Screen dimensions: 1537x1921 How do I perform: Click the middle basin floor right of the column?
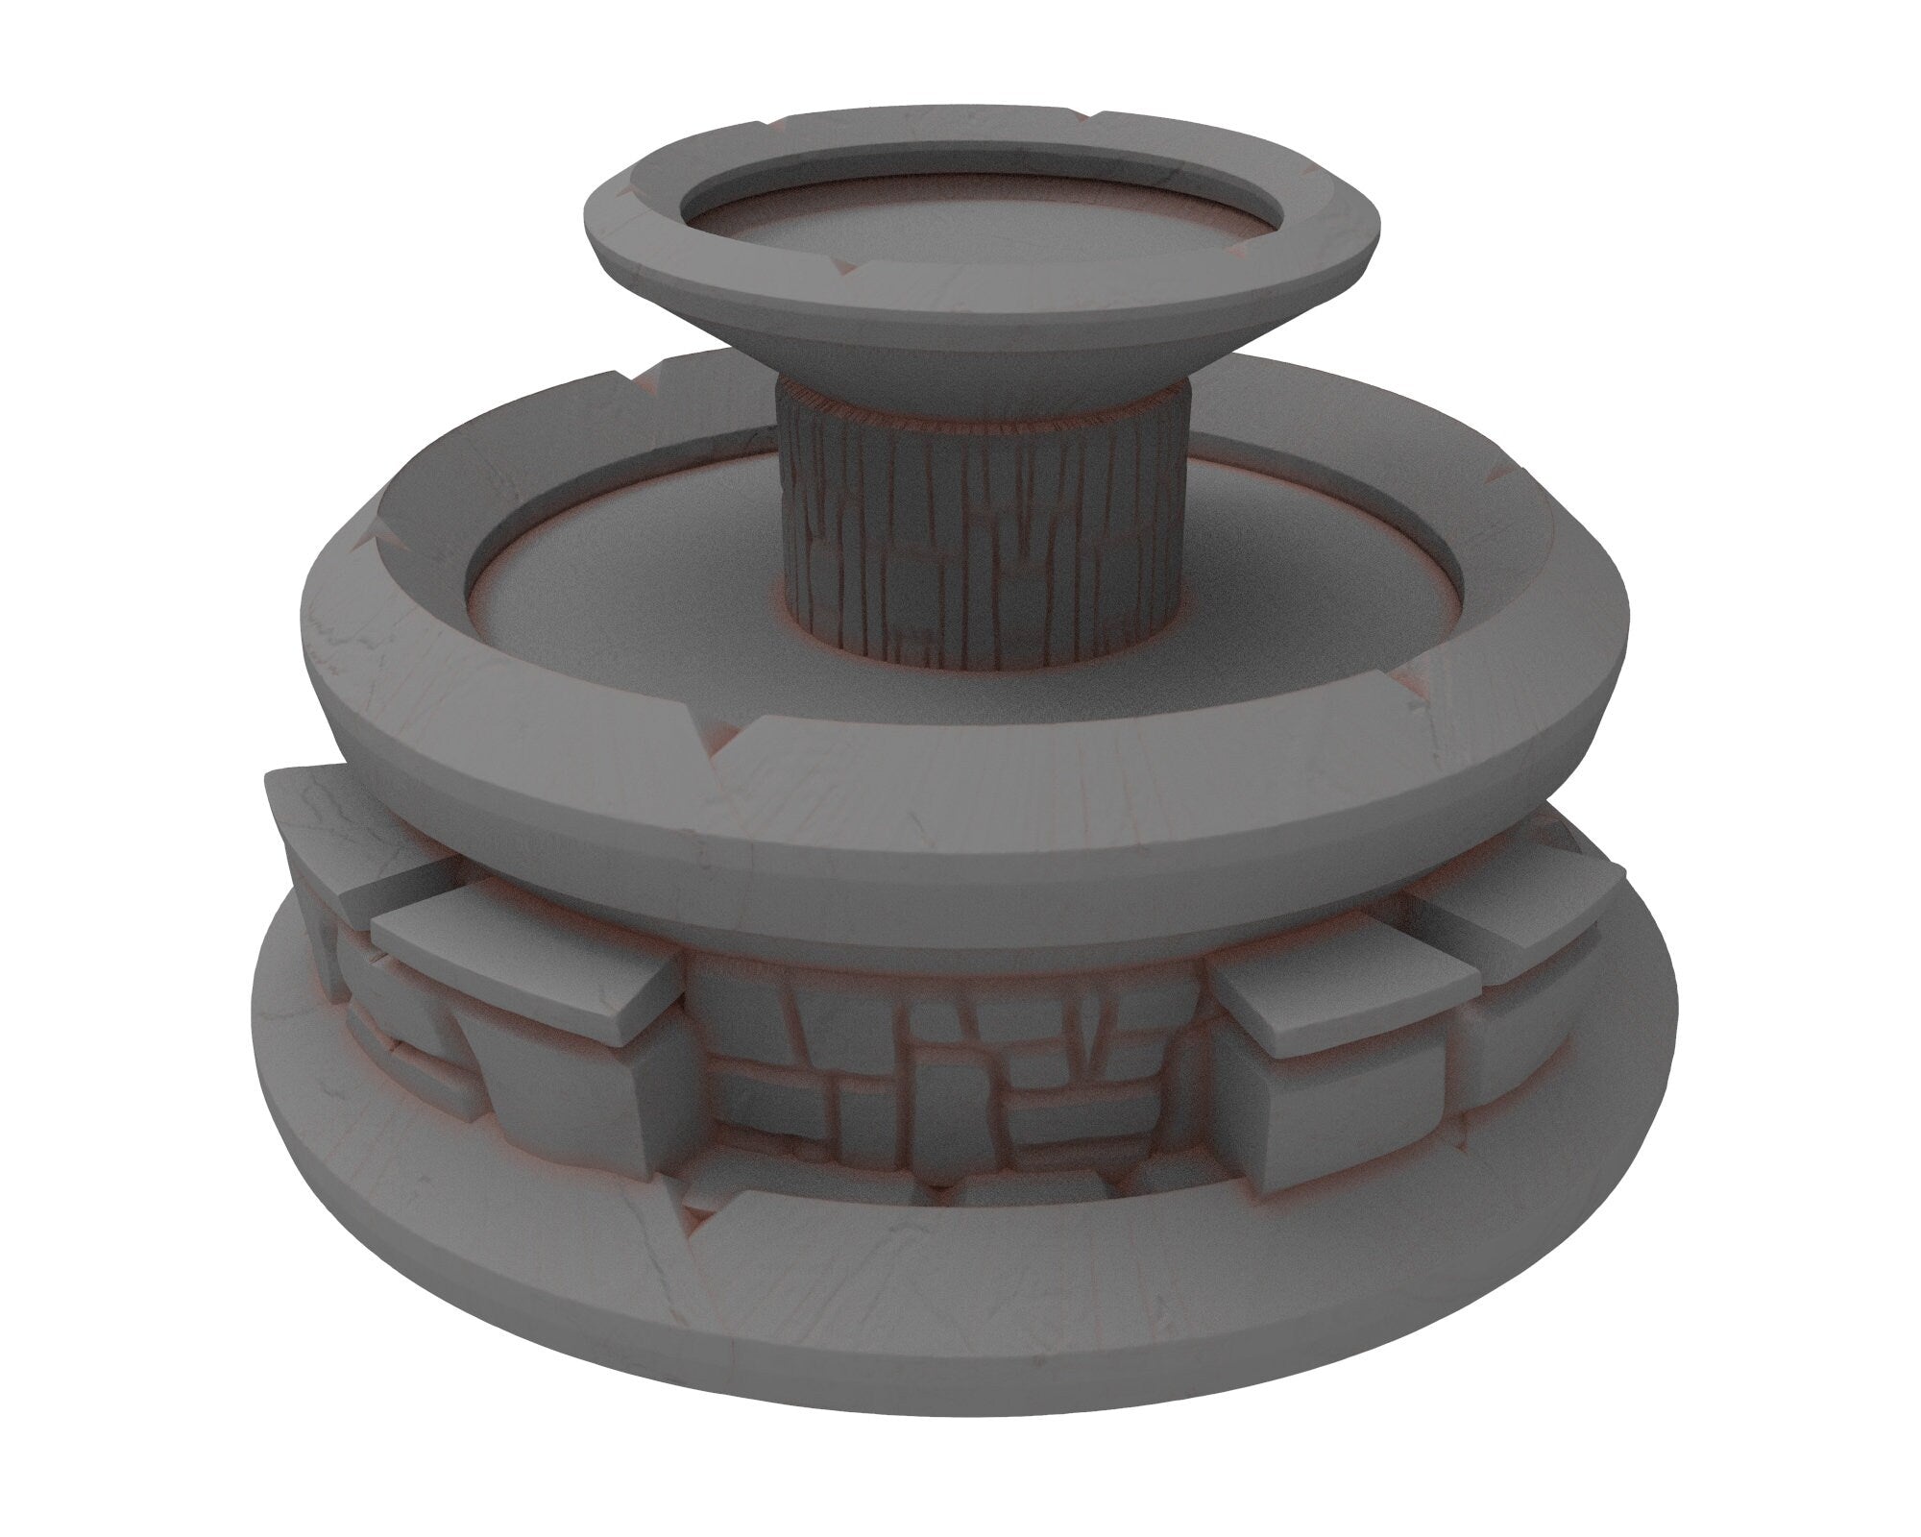(x=1345, y=576)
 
